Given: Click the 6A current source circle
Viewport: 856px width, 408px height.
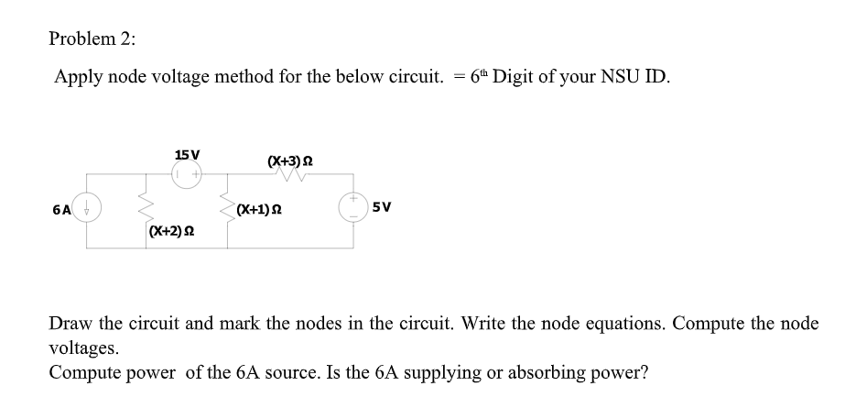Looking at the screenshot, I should (87, 208).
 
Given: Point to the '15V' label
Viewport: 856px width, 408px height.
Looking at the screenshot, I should (188, 155).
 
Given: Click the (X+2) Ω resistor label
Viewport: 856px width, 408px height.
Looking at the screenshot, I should (169, 232).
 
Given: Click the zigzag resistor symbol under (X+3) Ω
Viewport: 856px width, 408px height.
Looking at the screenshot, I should (291, 177).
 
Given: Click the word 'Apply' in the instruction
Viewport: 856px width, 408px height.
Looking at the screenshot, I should (77, 76).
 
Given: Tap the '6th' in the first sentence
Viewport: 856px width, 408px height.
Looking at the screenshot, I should (482, 76).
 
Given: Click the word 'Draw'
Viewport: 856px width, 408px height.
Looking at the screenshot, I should (70, 325).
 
